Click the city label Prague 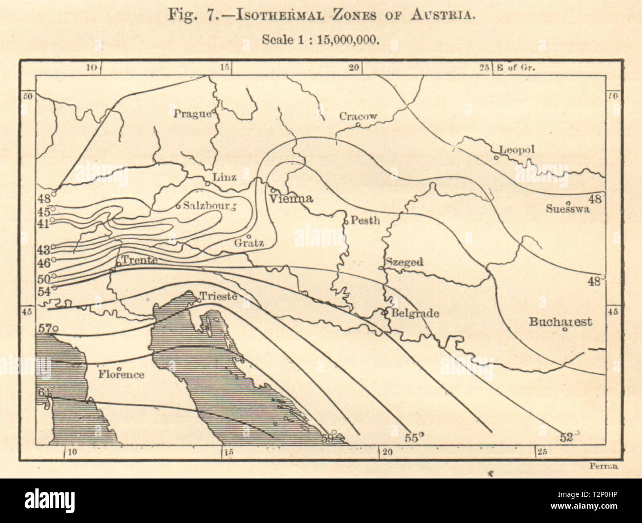tap(192, 114)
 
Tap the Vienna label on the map tap(291, 199)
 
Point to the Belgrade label tap(415, 313)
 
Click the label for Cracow tap(358, 116)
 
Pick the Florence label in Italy tap(120, 375)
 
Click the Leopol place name tap(517, 150)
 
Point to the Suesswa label tap(568, 209)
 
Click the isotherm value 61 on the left tap(43, 393)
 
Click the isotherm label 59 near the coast tap(327, 437)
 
